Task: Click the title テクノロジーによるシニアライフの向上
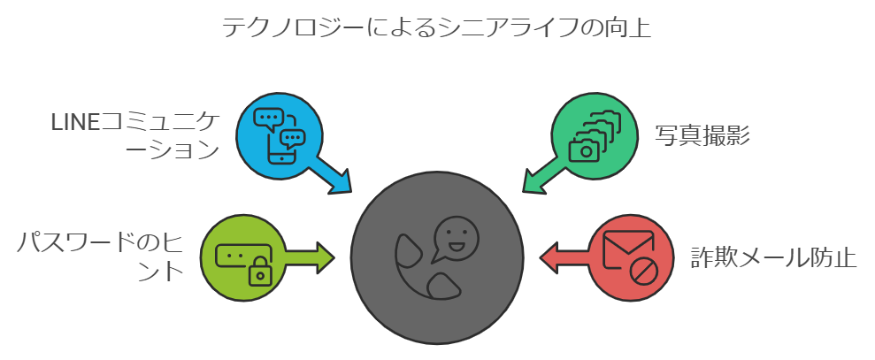coord(437,27)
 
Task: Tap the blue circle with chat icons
coord(279,135)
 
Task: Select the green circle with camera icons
coord(595,135)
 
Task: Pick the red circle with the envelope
coord(631,257)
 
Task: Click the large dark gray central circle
coord(437,257)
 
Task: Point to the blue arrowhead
coord(340,182)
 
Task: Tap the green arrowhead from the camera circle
coord(534,182)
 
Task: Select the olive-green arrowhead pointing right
coord(326,257)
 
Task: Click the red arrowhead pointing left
coord(549,257)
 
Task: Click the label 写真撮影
coord(702,135)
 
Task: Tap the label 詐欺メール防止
coord(773,258)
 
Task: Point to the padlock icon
coord(259,272)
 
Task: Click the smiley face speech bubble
coord(454,238)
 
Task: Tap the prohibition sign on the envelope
coord(644,272)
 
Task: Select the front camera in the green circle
coord(584,149)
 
